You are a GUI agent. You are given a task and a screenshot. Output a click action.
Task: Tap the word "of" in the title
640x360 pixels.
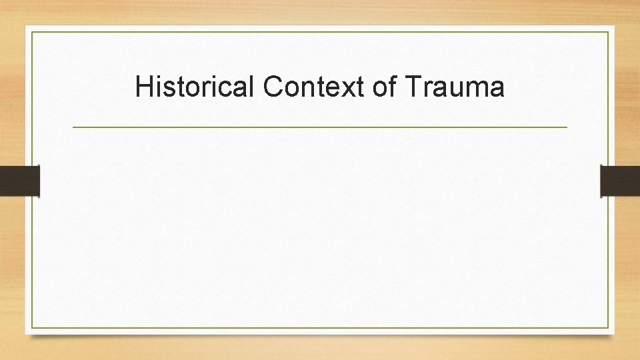point(385,87)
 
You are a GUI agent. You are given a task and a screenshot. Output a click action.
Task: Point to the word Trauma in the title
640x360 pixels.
point(455,87)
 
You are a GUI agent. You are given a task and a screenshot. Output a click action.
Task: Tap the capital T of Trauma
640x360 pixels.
point(411,87)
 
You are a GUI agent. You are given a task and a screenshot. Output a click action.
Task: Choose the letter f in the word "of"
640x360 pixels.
point(393,86)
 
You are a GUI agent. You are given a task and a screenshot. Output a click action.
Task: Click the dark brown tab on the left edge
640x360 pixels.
point(19,181)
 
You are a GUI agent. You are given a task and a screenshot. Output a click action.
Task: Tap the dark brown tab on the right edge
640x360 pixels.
point(620,181)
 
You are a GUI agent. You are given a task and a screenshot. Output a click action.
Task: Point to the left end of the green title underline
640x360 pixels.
point(73,127)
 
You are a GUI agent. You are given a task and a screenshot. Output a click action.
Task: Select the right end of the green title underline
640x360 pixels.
point(567,127)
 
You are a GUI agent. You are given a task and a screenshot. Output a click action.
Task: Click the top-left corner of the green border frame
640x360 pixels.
point(32,32)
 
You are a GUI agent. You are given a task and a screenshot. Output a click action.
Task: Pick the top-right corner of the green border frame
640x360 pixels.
point(608,32)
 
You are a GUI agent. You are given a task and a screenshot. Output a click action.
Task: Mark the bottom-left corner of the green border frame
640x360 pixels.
point(32,327)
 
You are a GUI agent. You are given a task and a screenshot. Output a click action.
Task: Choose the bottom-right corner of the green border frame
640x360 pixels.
point(608,327)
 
